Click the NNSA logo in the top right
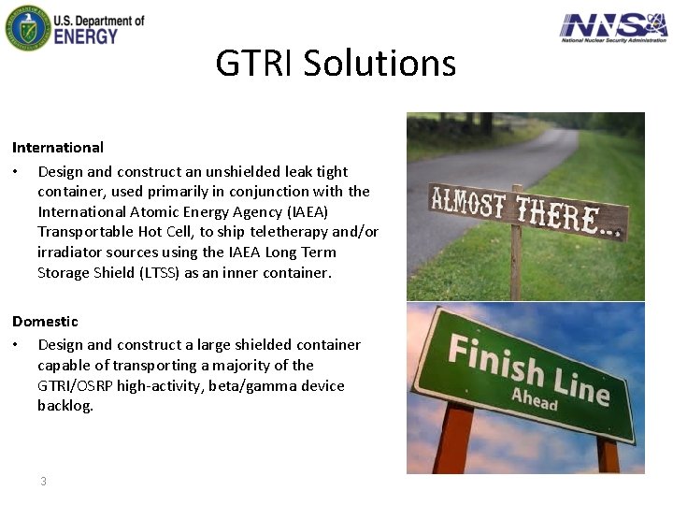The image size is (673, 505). coord(613,27)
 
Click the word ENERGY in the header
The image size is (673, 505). coord(86,36)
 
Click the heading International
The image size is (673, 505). coord(58,148)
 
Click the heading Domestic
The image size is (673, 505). coord(45,322)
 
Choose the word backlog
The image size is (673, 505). coord(65,406)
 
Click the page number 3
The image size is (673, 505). coord(43,482)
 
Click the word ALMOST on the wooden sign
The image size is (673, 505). coord(469,203)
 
